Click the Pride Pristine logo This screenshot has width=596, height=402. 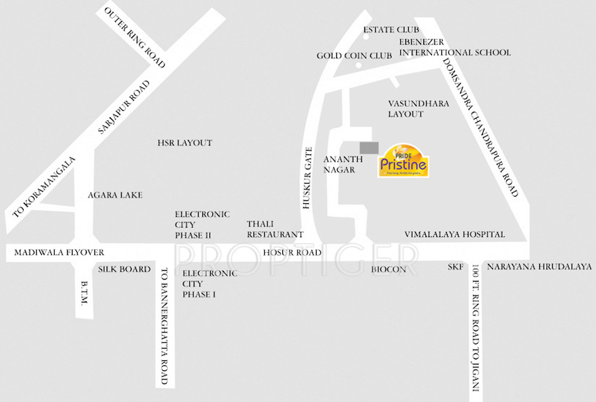click(x=403, y=160)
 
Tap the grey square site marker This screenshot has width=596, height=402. click(x=369, y=148)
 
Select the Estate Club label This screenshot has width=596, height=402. click(x=391, y=30)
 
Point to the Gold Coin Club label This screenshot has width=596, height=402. click(x=354, y=56)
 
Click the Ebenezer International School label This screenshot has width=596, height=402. click(x=455, y=47)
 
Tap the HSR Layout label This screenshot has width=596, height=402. click(x=184, y=143)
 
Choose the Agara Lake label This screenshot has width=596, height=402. click(x=115, y=195)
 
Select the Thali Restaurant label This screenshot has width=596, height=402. click(x=275, y=229)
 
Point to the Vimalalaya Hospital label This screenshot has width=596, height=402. click(x=455, y=235)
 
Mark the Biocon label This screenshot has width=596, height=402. click(x=388, y=270)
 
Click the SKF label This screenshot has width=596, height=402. click(x=456, y=267)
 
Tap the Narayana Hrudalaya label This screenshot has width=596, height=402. click(x=539, y=267)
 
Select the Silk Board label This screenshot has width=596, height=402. click(x=125, y=269)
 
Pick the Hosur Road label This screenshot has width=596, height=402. click(x=292, y=253)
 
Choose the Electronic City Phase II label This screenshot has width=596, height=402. click(x=202, y=225)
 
